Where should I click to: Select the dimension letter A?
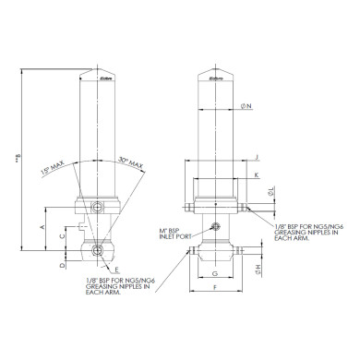[x=43, y=225]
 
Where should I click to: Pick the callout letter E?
[x=117, y=270]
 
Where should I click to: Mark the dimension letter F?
[x=214, y=289]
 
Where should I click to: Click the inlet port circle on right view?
[x=215, y=226]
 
